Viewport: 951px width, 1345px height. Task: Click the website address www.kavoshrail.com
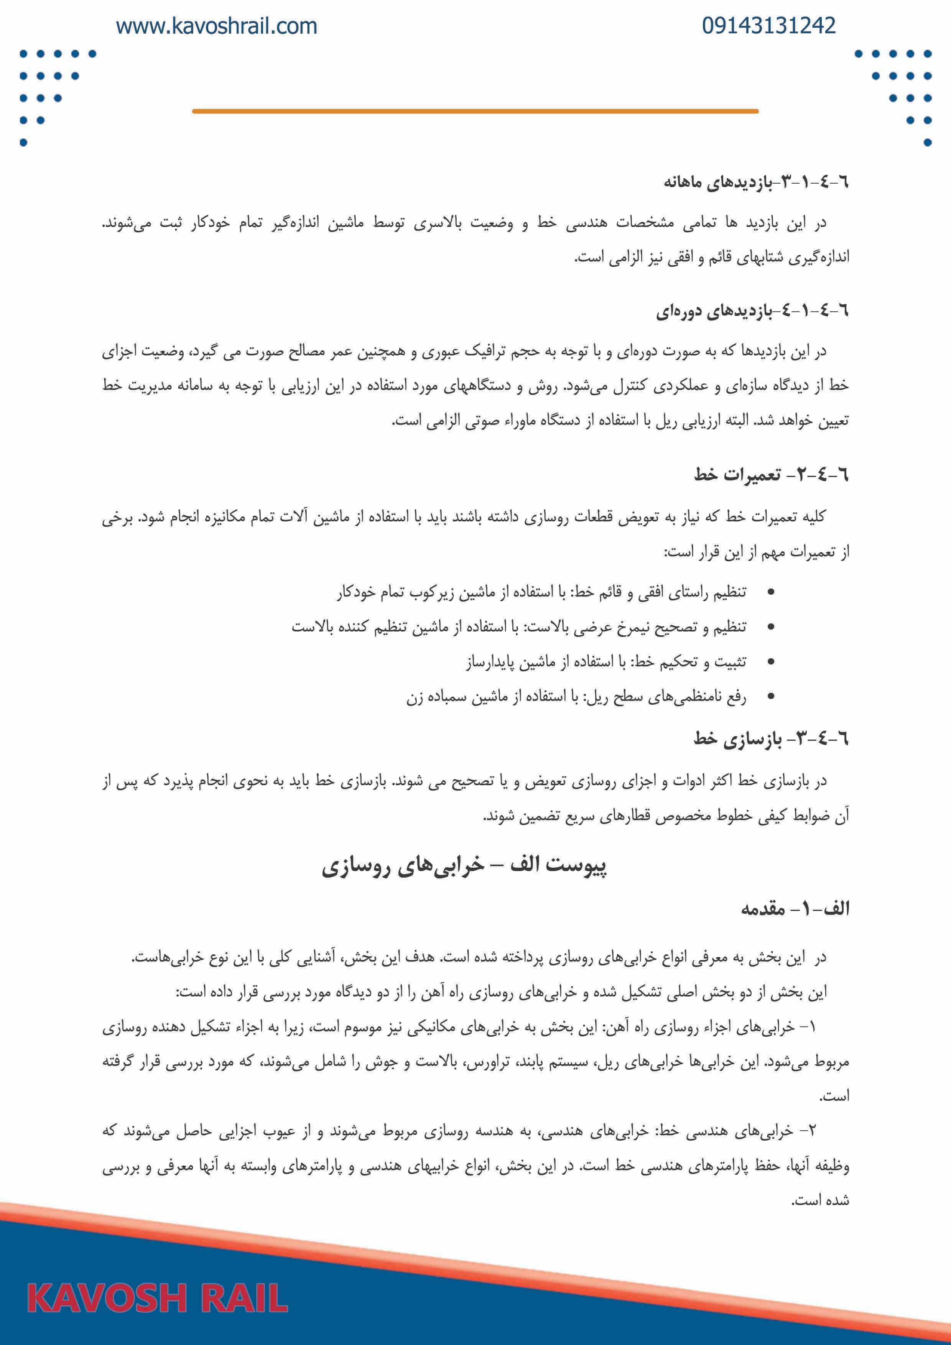coord(216,26)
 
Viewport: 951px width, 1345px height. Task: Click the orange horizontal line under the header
coord(475,111)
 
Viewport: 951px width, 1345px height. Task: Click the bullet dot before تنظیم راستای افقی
coord(771,593)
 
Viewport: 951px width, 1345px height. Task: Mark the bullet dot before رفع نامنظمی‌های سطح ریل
coord(771,697)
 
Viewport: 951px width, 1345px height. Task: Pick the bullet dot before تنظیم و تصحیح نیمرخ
coord(771,627)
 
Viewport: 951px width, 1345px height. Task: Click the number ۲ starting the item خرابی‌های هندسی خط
coord(811,1131)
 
